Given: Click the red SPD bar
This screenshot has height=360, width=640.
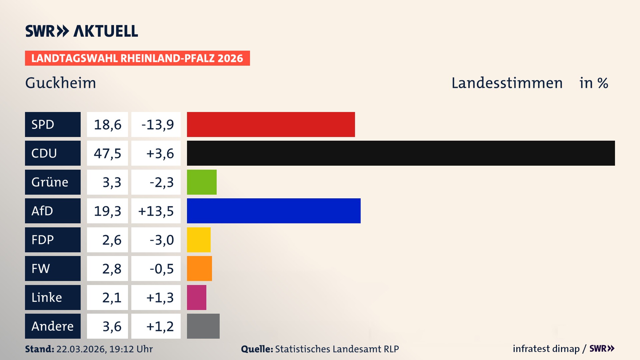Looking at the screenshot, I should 271,124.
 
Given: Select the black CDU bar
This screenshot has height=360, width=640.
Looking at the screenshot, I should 401,153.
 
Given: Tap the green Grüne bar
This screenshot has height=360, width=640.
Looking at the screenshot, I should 202,182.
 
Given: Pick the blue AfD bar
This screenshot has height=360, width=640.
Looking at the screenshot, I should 274,211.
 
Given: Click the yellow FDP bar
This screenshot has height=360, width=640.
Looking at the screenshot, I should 199,240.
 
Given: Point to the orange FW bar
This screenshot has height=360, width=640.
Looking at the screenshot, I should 199,268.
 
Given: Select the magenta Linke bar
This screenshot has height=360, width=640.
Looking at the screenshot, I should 196,297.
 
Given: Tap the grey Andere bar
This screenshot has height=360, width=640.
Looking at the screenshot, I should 203,326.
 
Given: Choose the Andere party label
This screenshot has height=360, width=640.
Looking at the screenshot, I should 53,326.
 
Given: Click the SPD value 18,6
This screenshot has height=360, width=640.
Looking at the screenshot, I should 107,124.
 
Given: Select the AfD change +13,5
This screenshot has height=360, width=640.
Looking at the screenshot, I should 156,211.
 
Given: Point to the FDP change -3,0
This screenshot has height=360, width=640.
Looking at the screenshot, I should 161,240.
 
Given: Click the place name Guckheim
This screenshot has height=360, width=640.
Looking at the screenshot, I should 61,83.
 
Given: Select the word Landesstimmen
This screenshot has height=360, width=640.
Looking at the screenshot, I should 507,83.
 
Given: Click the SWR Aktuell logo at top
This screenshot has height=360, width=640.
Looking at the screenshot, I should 81,31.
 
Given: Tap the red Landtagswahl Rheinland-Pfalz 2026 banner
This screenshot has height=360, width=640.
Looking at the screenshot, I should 137,58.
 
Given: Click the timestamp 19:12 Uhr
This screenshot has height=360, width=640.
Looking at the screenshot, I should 131,349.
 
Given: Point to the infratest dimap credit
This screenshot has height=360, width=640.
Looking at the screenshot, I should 546,349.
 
